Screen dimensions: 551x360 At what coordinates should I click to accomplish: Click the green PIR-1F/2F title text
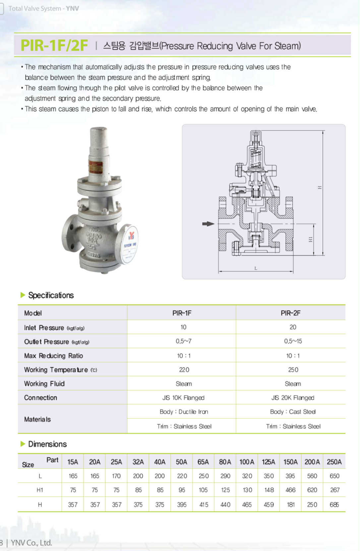[x=54, y=45]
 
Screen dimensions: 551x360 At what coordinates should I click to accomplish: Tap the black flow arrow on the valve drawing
[x=208, y=224]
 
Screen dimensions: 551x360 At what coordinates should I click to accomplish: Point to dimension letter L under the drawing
[x=256, y=268]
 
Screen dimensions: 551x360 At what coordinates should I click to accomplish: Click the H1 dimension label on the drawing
[x=311, y=240]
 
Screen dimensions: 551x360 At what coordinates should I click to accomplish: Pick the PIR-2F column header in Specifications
[x=290, y=313]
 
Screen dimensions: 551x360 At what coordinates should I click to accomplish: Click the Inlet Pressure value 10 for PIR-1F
[x=183, y=327]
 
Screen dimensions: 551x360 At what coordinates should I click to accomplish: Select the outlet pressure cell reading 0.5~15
[x=293, y=341]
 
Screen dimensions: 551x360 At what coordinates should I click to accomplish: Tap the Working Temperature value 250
[x=293, y=370]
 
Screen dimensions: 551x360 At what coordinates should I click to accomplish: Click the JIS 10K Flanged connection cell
[x=183, y=398]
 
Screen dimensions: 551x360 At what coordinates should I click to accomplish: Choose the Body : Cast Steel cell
[x=293, y=412]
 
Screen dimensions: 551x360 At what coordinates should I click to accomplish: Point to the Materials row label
[x=37, y=419]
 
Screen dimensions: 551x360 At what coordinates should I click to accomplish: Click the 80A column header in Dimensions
[x=225, y=462]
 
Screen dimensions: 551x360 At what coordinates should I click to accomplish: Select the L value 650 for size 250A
[x=334, y=476]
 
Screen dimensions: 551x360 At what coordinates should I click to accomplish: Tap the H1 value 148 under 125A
[x=269, y=490]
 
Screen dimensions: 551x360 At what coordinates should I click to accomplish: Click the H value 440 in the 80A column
[x=225, y=505]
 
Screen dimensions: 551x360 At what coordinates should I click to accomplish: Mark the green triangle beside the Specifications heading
[x=23, y=295]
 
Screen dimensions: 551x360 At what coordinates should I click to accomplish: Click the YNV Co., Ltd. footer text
[x=31, y=543]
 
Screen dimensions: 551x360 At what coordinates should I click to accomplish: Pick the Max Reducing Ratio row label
[x=53, y=356]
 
